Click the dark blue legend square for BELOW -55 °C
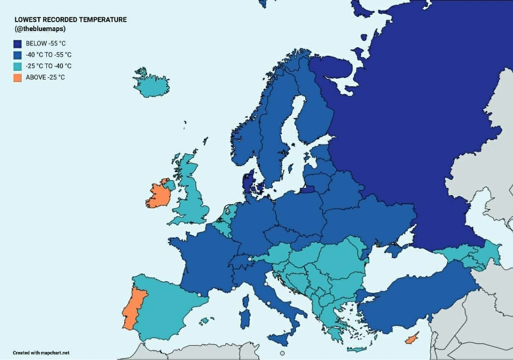point(18,44)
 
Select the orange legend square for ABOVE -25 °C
point(18,77)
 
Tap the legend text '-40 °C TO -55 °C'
point(48,55)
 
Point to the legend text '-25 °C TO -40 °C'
point(48,66)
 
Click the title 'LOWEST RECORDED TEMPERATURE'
point(70,20)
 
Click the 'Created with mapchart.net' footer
point(41,353)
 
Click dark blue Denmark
point(248,182)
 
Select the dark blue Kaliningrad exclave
point(307,189)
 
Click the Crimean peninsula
point(395,250)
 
